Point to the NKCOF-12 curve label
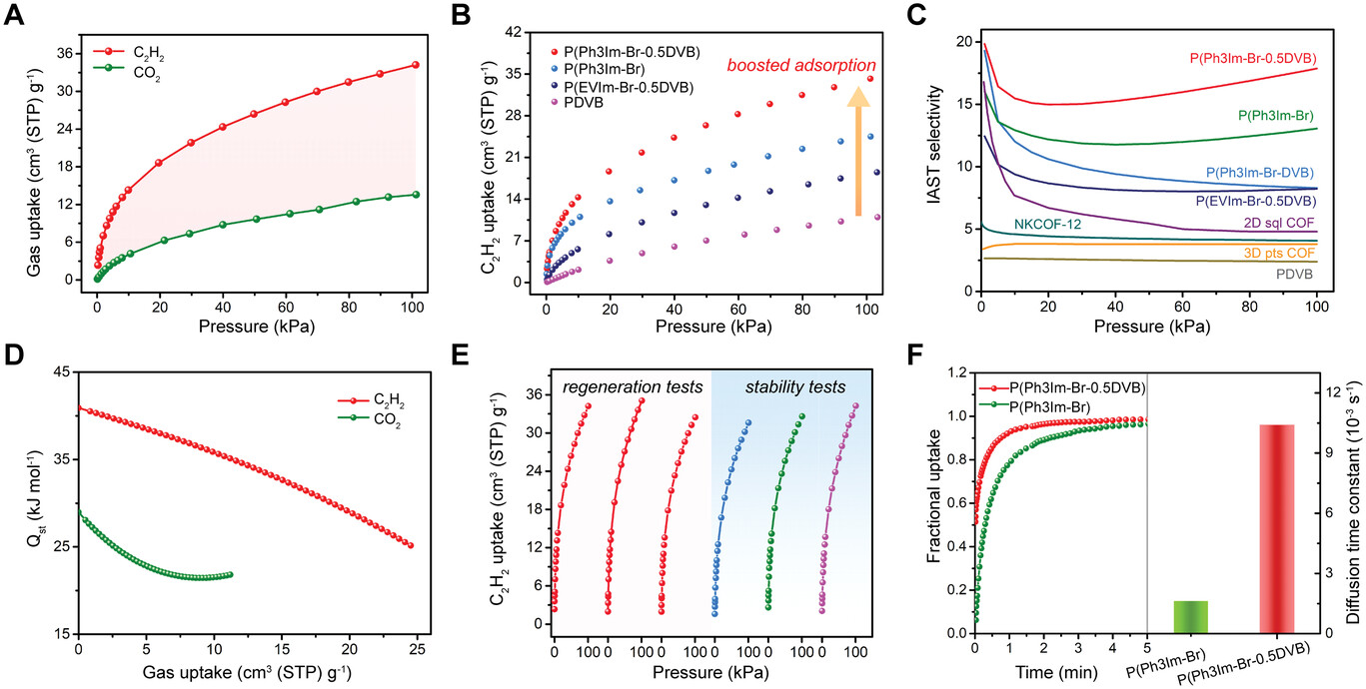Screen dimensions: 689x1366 [x=1050, y=223]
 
